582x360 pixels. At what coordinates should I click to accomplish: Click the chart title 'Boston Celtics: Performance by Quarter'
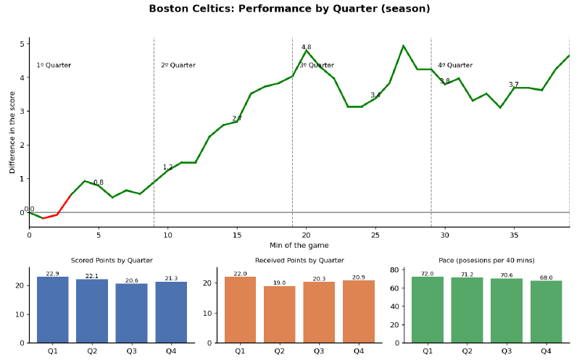point(289,9)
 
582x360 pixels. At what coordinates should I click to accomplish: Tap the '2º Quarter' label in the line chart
point(178,65)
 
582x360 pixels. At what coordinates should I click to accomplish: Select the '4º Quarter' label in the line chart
point(454,65)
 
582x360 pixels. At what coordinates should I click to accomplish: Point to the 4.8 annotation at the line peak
point(306,47)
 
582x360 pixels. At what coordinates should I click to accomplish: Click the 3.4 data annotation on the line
point(375,96)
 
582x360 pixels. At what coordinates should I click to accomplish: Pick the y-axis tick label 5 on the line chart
point(22,44)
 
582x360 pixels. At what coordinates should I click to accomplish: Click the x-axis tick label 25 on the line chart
point(375,235)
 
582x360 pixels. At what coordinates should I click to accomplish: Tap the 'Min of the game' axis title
point(299,246)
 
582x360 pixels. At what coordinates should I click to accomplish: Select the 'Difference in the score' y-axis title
point(13,132)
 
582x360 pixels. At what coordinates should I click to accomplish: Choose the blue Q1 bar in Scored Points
point(52,310)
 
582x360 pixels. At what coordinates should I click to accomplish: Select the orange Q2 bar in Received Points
point(279,314)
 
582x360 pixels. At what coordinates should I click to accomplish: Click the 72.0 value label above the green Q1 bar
point(427,274)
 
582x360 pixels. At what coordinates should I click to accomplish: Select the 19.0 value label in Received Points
point(279,283)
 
